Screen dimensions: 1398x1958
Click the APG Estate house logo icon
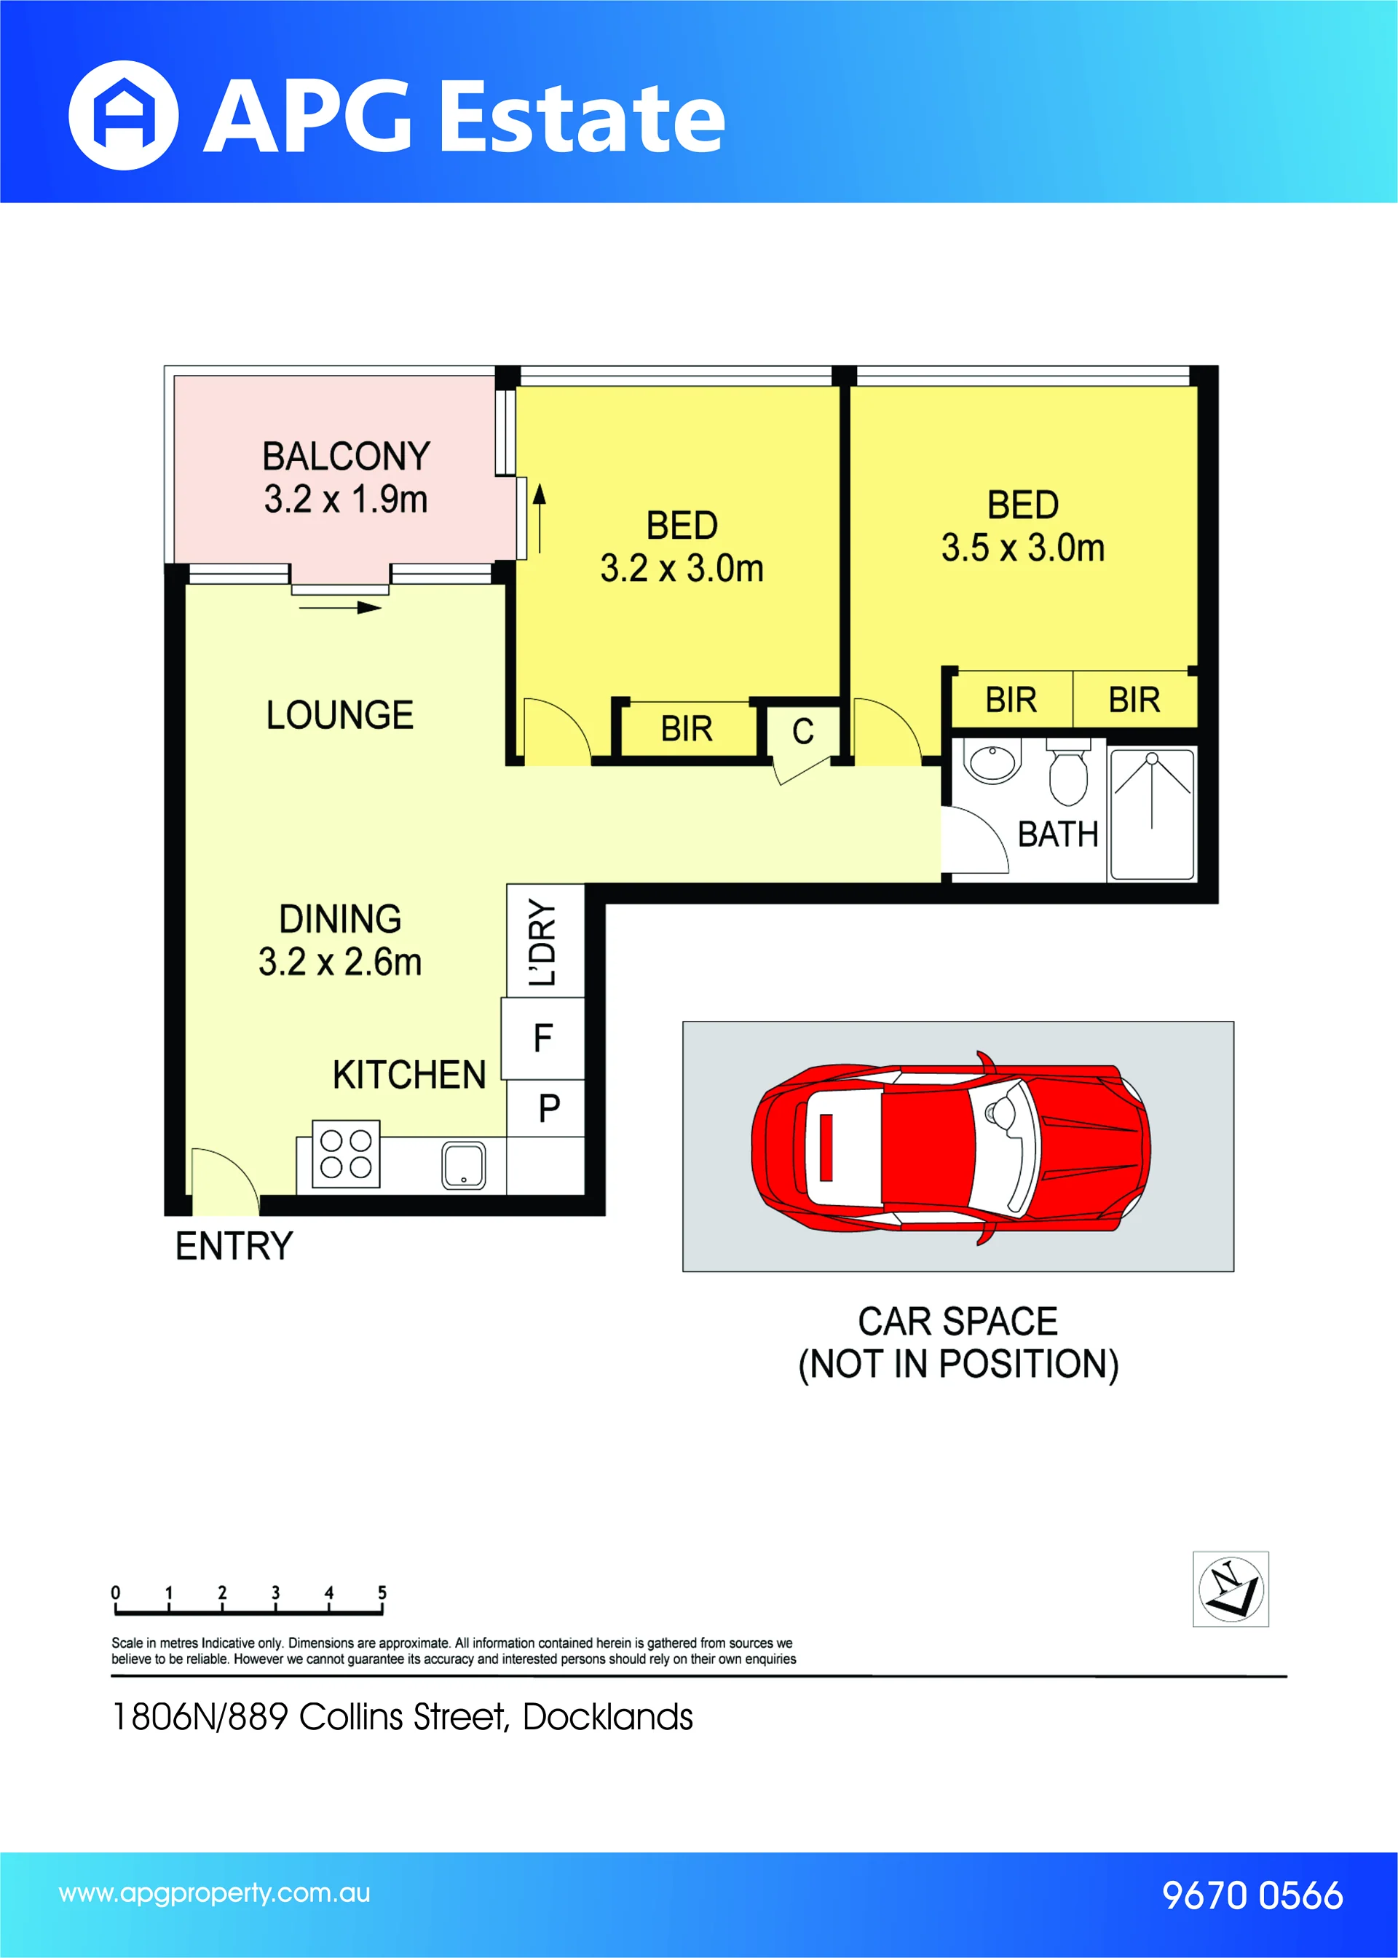tap(123, 115)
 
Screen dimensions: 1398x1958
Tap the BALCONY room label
tap(346, 456)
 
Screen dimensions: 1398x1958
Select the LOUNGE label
tap(340, 715)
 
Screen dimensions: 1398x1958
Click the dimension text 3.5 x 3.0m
tap(1023, 548)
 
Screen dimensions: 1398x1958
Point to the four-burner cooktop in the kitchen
tap(346, 1154)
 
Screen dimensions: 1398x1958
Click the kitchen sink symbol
tap(463, 1165)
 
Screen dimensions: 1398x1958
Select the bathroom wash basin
tap(992, 762)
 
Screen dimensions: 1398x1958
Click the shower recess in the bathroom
tap(1152, 814)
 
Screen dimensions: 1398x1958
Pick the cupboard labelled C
tap(802, 733)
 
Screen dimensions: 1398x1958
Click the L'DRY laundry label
tap(543, 942)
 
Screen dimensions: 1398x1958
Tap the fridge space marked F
tap(543, 1038)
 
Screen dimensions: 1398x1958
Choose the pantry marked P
tap(548, 1108)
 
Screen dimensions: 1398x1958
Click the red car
tap(950, 1148)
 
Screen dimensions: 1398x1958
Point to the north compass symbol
tap(1231, 1590)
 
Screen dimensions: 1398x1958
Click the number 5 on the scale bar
tap(382, 1592)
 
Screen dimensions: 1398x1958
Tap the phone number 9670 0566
tap(1252, 1895)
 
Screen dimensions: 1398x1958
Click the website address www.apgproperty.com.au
tap(214, 1893)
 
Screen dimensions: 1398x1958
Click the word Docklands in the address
tap(608, 1717)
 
